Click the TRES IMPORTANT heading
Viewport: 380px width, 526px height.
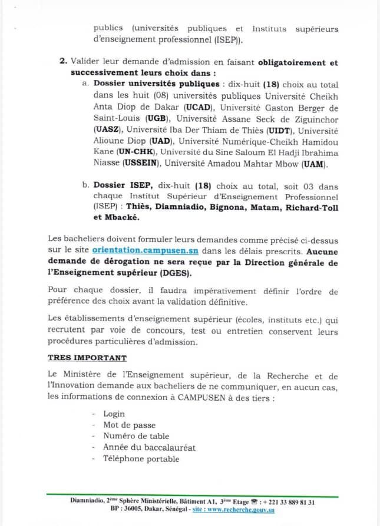pos(87,357)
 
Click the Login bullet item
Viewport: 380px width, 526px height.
pos(114,414)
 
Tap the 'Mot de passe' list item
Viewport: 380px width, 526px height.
pos(129,425)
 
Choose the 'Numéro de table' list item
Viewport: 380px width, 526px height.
pos(136,437)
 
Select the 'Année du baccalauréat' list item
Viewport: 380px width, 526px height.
pos(149,448)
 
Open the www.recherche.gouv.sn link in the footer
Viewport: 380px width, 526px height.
pos(240,510)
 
